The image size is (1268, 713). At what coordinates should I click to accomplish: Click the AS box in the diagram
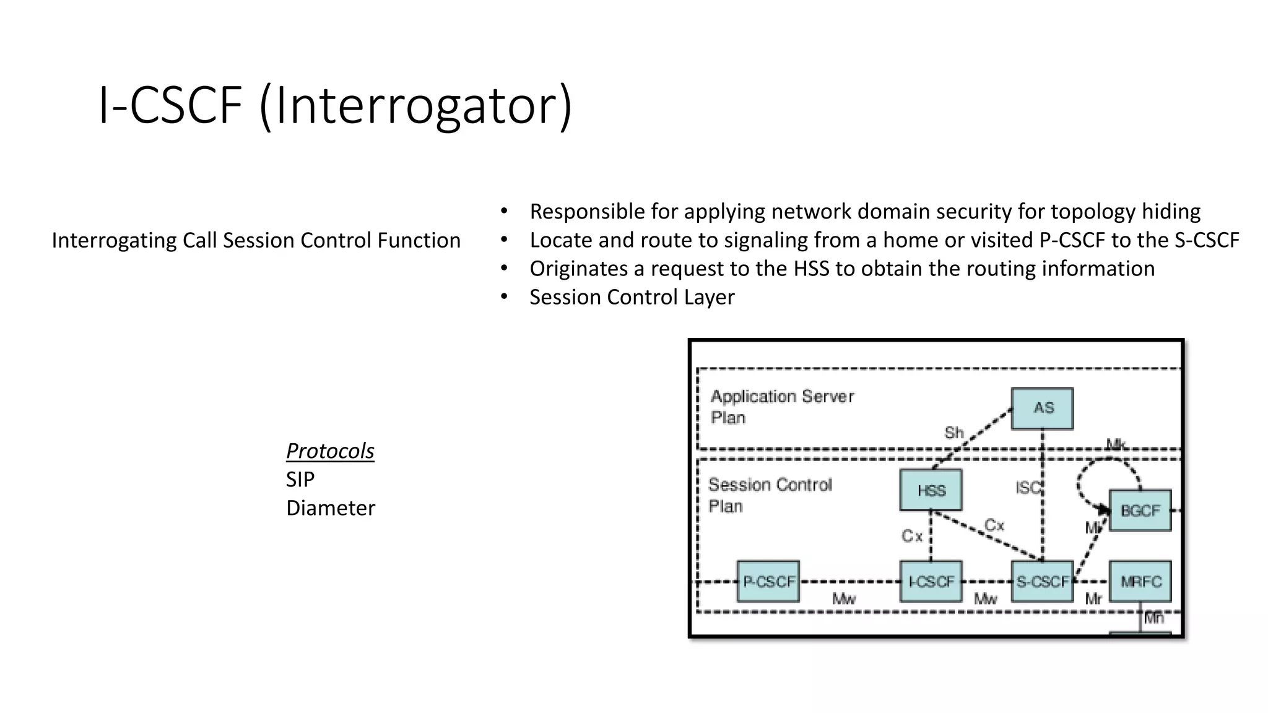pyautogui.click(x=1042, y=408)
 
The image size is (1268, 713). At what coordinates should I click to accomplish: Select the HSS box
pyautogui.click(x=931, y=490)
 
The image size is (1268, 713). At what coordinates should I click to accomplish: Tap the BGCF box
pyautogui.click(x=1140, y=511)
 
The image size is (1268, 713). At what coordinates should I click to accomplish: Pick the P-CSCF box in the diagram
pyautogui.click(x=768, y=582)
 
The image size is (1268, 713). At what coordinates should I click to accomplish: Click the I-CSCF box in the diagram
pyautogui.click(x=931, y=582)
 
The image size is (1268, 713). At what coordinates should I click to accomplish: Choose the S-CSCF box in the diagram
pyautogui.click(x=1042, y=582)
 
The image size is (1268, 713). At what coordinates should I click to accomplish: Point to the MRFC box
pyautogui.click(x=1140, y=582)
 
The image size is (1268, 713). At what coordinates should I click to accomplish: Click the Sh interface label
pyautogui.click(x=953, y=433)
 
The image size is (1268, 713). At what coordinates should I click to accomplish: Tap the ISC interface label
pyautogui.click(x=1028, y=488)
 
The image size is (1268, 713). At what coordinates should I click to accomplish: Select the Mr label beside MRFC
pyautogui.click(x=1093, y=599)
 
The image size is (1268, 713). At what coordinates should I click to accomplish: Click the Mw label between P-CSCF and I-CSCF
pyautogui.click(x=843, y=599)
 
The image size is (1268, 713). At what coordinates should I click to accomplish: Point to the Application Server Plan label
pyautogui.click(x=781, y=407)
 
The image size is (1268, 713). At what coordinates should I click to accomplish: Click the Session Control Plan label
pyautogui.click(x=770, y=495)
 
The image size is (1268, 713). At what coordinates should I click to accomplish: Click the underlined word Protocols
pyautogui.click(x=330, y=451)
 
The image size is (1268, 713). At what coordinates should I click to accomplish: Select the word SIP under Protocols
pyautogui.click(x=300, y=480)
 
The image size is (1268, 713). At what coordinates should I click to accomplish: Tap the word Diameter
pyautogui.click(x=330, y=508)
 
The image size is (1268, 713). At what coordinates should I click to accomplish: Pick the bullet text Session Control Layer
pyautogui.click(x=632, y=297)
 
